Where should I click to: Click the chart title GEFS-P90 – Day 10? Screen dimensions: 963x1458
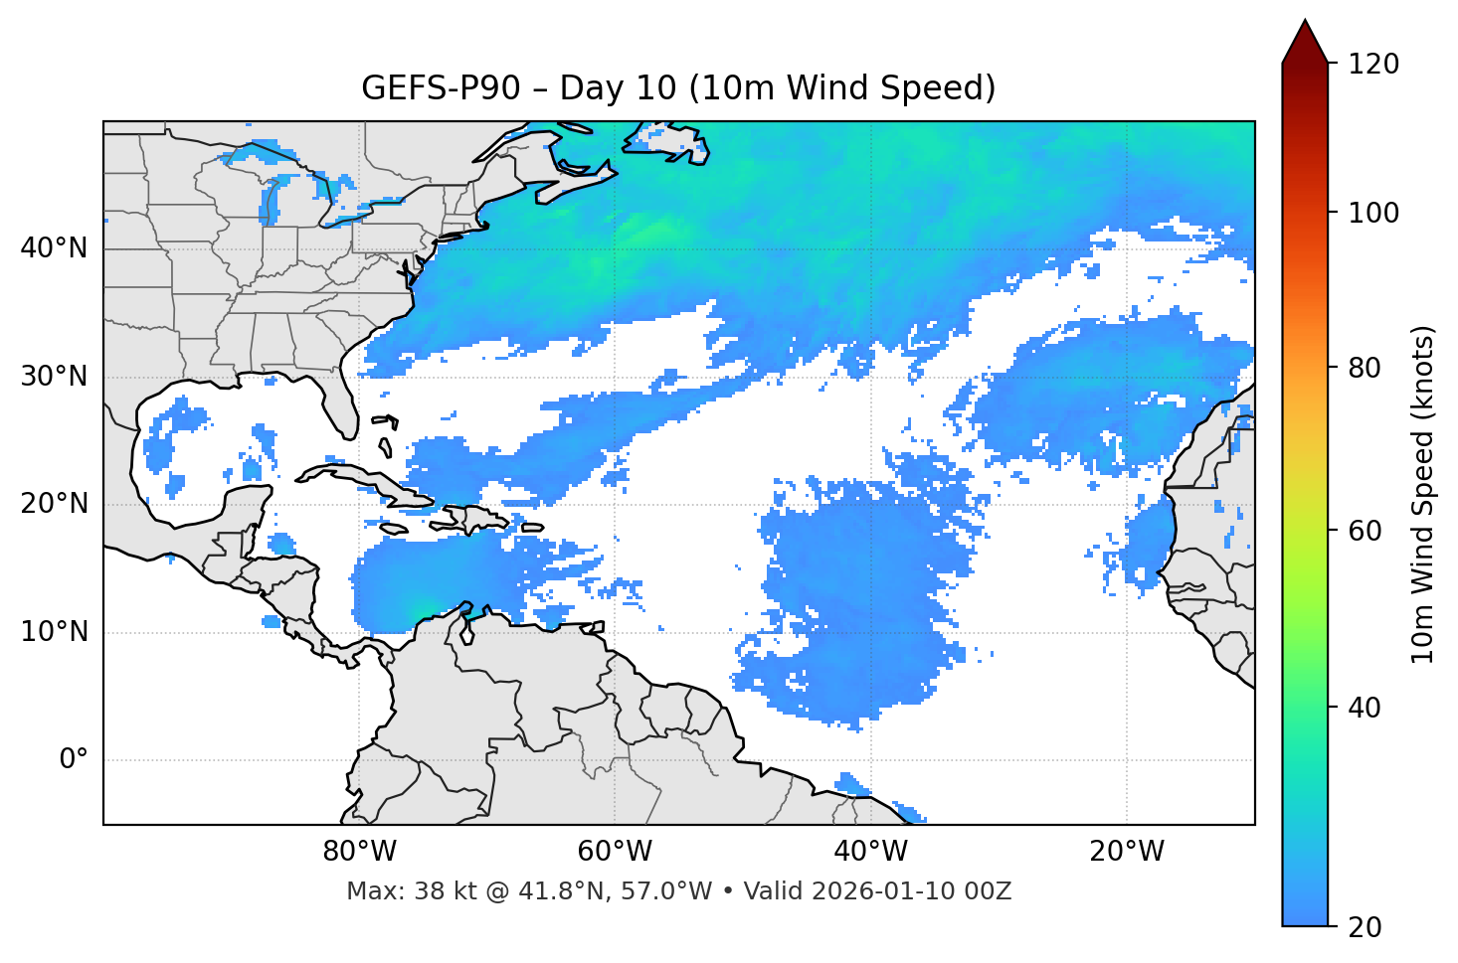click(678, 88)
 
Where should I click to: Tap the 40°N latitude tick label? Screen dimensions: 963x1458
click(54, 248)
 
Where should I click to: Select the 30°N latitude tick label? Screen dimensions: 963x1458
click(54, 377)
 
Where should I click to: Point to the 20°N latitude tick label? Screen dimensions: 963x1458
click(54, 504)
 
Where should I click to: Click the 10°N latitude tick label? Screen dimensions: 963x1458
click(54, 632)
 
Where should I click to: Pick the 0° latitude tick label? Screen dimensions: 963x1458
click(74, 760)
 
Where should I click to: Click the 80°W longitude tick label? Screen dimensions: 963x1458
click(359, 852)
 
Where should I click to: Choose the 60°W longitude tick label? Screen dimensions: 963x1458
click(615, 852)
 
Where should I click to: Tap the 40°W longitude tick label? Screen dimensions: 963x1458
click(870, 852)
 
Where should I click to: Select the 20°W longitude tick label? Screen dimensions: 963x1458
click(1126, 852)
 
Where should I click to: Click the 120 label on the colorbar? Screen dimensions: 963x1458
click(1372, 65)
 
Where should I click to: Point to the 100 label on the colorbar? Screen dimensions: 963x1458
click(1372, 213)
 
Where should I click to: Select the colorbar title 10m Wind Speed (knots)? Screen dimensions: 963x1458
click(1423, 495)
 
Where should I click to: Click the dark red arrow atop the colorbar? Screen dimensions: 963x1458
click(1305, 42)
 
